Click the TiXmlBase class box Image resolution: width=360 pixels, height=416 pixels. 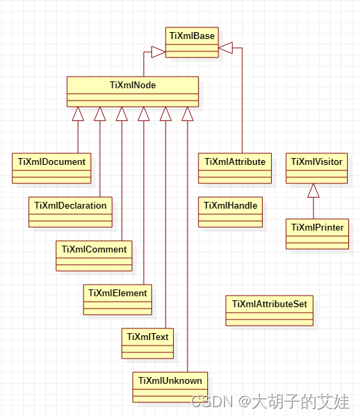192,42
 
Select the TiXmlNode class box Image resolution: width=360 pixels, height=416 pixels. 132,92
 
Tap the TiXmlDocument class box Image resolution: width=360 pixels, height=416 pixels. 51,168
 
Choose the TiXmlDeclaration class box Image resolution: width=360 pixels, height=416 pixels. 70,211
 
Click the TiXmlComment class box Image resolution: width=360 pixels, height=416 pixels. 94,256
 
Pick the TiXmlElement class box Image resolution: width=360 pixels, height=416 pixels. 118,299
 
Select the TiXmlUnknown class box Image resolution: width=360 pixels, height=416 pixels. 170,387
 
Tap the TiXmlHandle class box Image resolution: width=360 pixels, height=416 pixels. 231,211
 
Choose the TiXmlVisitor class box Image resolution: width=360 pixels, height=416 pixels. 316,168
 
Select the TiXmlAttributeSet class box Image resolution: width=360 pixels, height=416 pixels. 269,310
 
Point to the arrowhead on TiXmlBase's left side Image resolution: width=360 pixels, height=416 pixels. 159,52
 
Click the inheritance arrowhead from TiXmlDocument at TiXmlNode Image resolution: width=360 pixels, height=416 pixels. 78,114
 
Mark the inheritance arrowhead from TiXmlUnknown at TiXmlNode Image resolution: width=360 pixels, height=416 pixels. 187,114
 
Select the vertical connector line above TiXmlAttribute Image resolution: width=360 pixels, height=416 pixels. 242,103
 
